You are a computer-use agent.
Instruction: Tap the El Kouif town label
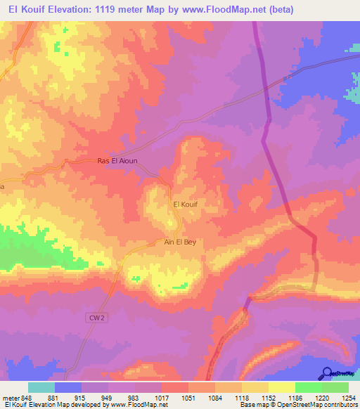coord(185,204)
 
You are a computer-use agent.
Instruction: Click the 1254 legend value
coord(348,398)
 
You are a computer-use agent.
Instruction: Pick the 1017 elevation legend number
coord(161,398)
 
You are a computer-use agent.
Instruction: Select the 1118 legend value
coord(241,398)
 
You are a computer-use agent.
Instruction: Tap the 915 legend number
coord(82,398)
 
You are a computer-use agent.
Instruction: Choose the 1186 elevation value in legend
coord(295,398)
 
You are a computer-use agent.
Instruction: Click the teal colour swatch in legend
coord(41,387)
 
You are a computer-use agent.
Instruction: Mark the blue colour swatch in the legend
coord(68,387)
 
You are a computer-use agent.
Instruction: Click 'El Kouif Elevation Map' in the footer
coord(35,405)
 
